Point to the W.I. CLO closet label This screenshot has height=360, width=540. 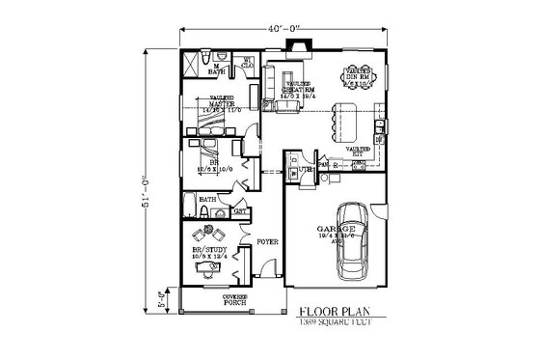click(247, 65)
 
